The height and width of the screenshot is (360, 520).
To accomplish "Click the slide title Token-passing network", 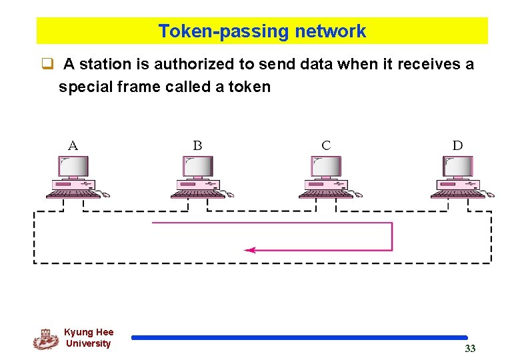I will coord(262,31).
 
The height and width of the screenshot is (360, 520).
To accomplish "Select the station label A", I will coord(73,145).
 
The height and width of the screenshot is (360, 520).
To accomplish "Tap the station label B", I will coord(197,145).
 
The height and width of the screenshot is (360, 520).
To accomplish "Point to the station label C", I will coord(326,145).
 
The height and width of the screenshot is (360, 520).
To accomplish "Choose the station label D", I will coord(457,145).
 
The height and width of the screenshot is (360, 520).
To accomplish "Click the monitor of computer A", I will coord(73,166).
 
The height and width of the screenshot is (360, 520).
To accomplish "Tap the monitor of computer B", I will coord(198,166).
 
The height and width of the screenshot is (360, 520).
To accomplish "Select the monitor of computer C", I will coord(326,166).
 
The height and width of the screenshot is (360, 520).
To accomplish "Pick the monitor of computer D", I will coord(458,166).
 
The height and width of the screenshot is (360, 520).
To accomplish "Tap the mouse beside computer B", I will coord(230,195).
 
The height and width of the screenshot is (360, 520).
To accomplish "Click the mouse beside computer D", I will coord(490,195).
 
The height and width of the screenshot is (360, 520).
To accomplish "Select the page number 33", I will coord(470,349).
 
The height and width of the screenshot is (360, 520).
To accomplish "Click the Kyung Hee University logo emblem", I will coord(45,339).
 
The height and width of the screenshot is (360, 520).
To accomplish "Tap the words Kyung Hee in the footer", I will coord(89,332).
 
